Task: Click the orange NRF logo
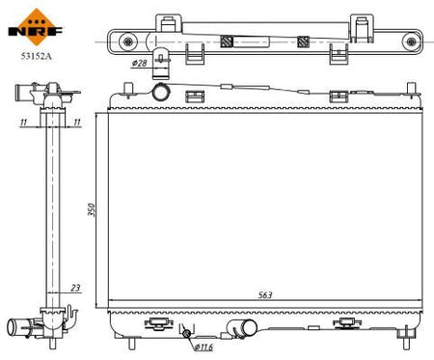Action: click(36, 27)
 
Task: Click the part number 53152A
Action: click(36, 56)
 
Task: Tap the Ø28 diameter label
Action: click(139, 63)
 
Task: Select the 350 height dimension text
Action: click(92, 209)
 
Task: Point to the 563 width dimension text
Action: click(265, 294)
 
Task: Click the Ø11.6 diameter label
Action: click(203, 347)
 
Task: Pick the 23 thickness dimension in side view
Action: click(75, 288)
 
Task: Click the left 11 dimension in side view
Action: click(23, 122)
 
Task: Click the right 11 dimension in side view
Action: click(77, 122)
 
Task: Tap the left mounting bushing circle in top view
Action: click(128, 42)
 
